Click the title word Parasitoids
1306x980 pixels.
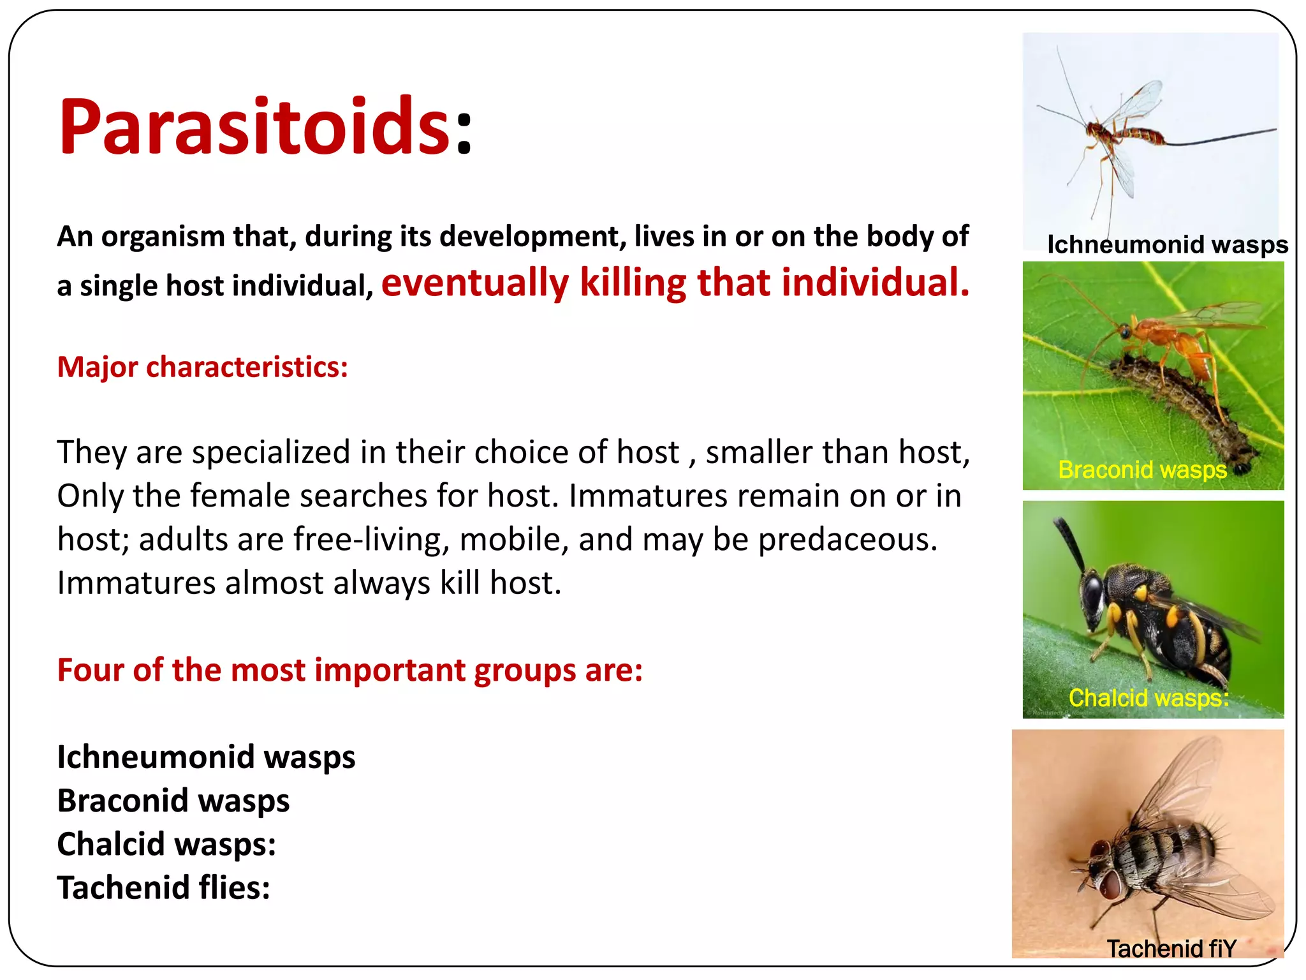tap(255, 126)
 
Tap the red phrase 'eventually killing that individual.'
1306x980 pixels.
tap(675, 283)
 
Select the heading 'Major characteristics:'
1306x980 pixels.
tap(202, 367)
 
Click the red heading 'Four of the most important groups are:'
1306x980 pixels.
tap(349, 670)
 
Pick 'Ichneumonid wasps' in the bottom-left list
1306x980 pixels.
tap(206, 757)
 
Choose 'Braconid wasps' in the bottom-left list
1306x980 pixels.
tap(173, 801)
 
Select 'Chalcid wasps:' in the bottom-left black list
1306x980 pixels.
tap(166, 844)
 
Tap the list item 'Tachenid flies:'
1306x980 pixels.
tap(163, 887)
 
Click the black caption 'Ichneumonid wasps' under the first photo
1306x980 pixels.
tap(1167, 244)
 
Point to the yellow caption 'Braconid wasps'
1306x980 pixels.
tap(1142, 470)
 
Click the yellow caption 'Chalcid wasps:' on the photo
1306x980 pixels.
tap(1148, 698)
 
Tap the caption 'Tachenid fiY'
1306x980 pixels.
tap(1171, 949)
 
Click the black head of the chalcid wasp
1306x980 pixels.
tap(1092, 590)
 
